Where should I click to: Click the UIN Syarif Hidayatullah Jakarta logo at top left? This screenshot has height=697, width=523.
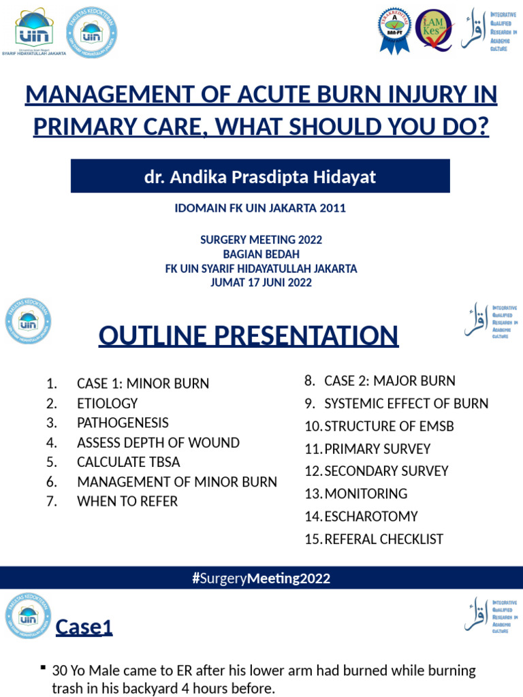(x=39, y=32)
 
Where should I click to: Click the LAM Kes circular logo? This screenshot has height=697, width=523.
(x=434, y=31)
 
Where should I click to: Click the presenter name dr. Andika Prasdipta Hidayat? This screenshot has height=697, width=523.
(x=260, y=177)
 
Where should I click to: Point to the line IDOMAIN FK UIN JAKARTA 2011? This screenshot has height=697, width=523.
(x=260, y=208)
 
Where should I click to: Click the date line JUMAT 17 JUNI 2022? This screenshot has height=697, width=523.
(x=261, y=282)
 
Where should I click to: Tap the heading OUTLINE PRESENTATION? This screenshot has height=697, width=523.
(x=249, y=336)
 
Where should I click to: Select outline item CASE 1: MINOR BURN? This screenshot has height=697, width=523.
(x=143, y=384)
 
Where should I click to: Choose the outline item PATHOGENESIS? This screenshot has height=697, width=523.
(x=123, y=423)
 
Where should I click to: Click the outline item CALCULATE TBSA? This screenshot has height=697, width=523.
(x=129, y=462)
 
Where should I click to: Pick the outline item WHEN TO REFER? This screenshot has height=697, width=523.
(x=127, y=502)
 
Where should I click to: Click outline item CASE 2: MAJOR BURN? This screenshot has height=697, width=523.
(x=390, y=381)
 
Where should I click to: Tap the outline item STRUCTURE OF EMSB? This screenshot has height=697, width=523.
(x=389, y=426)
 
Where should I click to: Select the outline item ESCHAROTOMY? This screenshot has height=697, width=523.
(x=371, y=517)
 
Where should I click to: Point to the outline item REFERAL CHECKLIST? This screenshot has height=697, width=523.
(x=384, y=539)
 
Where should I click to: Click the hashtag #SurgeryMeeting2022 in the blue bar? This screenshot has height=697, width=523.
(x=261, y=579)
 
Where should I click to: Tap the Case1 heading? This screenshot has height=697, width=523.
(x=84, y=627)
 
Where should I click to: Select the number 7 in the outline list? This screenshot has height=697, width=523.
(x=51, y=502)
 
